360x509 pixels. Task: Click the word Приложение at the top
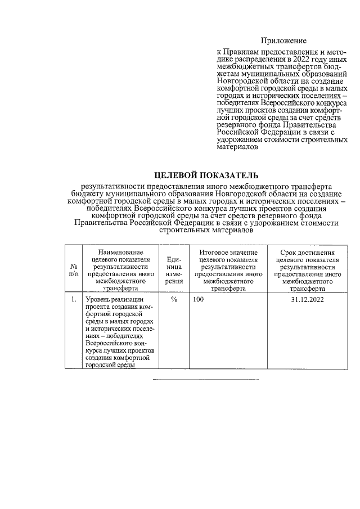pos(283,40)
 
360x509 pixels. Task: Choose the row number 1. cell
pos(74,300)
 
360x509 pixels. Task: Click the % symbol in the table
pos(174,300)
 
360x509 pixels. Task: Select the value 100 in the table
pos(199,300)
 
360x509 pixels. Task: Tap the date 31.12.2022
pos(307,300)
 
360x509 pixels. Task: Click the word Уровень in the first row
pos(99,300)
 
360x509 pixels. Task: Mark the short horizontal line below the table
pos(206,381)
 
